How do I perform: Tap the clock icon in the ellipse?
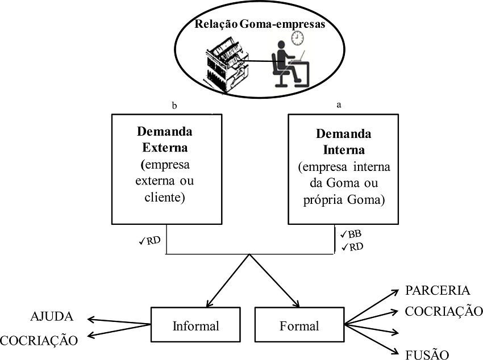click(x=297, y=37)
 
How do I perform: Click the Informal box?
click(x=195, y=326)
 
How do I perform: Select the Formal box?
click(x=299, y=326)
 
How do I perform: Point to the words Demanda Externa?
click(x=165, y=140)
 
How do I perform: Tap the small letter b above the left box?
click(x=174, y=105)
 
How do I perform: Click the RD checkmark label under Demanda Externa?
click(x=150, y=240)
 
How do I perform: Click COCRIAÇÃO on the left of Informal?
click(x=38, y=340)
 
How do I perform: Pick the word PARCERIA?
click(x=438, y=291)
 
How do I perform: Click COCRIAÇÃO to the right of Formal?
click(x=443, y=311)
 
